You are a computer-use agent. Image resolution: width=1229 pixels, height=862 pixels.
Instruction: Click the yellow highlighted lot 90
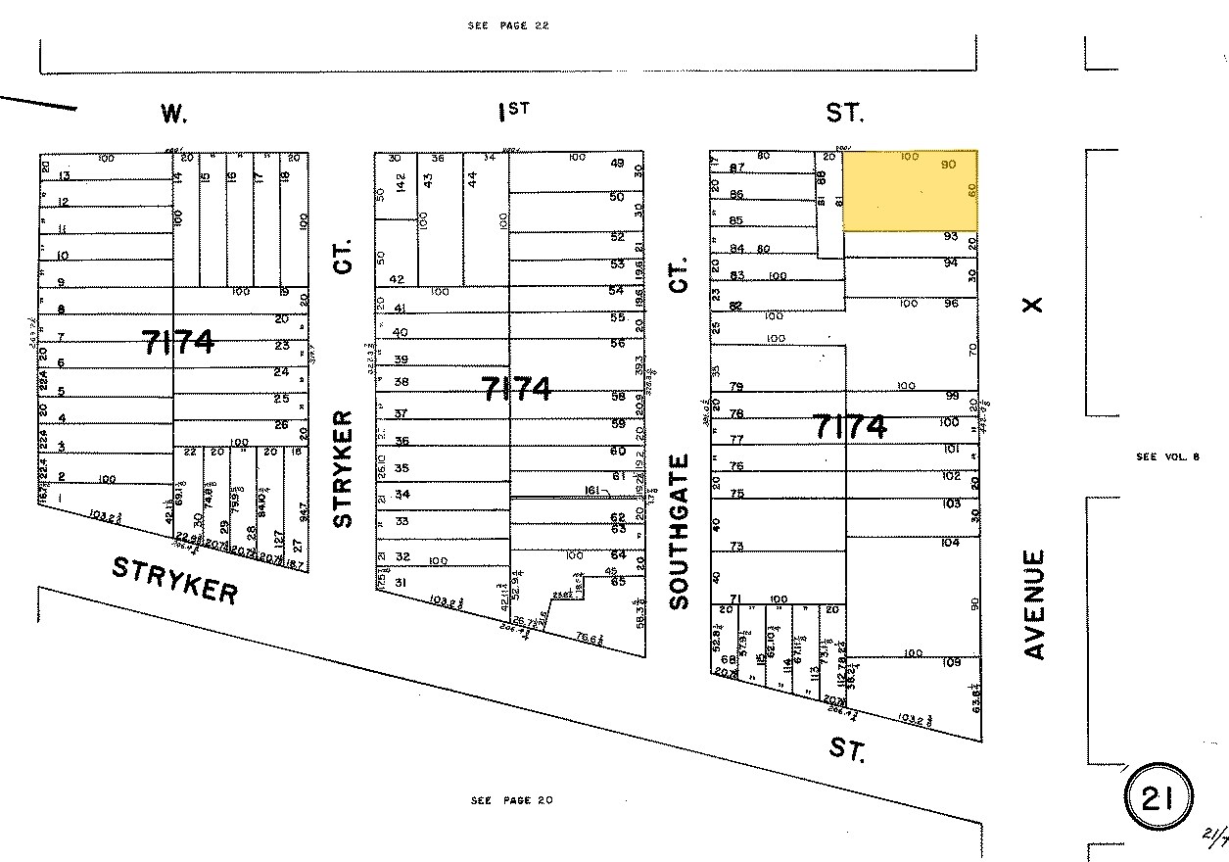pyautogui.click(x=911, y=191)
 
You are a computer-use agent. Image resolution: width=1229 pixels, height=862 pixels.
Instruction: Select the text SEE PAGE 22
pyautogui.click(x=507, y=25)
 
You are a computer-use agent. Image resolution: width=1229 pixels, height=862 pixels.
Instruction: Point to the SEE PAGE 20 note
pyautogui.click(x=511, y=800)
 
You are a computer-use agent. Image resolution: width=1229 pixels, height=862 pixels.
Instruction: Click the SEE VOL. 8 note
pyautogui.click(x=1167, y=456)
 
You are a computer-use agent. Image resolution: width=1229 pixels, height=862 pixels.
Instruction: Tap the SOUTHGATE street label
pyautogui.click(x=681, y=531)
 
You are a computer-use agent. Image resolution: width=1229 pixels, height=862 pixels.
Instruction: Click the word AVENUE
pyautogui.click(x=1035, y=603)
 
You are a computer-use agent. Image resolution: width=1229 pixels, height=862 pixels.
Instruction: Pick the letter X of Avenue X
pyautogui.click(x=1031, y=306)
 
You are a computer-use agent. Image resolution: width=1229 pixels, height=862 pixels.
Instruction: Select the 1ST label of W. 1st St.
pyautogui.click(x=513, y=112)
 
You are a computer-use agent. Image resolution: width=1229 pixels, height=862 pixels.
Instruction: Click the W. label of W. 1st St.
pyautogui.click(x=173, y=115)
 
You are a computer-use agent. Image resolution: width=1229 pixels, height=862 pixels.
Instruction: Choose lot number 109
pyautogui.click(x=950, y=663)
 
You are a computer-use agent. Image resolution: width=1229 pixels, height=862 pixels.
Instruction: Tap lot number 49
pyautogui.click(x=617, y=164)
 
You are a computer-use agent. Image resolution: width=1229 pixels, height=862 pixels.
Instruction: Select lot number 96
pyautogui.click(x=950, y=304)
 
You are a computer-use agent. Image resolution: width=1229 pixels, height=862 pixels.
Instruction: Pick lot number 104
pyautogui.click(x=950, y=542)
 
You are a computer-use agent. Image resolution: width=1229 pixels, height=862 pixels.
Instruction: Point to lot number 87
pyautogui.click(x=737, y=168)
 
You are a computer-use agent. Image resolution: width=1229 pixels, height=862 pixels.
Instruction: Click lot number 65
pyautogui.click(x=617, y=581)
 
